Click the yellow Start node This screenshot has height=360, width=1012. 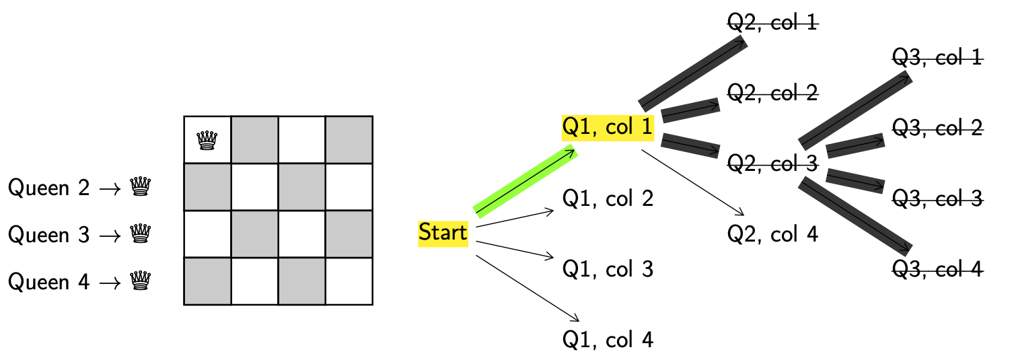point(443,233)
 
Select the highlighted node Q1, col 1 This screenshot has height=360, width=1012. point(608,127)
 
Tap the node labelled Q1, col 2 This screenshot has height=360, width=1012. point(608,199)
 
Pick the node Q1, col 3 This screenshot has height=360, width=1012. point(608,269)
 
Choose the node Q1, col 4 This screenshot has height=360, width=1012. point(608,340)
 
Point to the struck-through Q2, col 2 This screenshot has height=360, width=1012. point(772,93)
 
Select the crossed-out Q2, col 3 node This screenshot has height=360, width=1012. point(772,163)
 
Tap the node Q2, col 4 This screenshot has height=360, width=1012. point(772,234)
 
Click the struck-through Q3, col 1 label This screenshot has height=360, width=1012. point(937,58)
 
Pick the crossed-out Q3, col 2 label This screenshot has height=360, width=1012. point(937,128)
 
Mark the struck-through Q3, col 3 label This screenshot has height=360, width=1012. point(937,199)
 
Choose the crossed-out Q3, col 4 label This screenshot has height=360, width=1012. point(937,269)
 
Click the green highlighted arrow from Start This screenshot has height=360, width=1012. point(525,181)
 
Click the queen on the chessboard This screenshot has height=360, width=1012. point(207,140)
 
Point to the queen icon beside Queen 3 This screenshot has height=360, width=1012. point(140,233)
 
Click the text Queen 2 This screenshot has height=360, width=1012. point(48,188)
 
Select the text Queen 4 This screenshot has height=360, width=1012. point(48,281)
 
